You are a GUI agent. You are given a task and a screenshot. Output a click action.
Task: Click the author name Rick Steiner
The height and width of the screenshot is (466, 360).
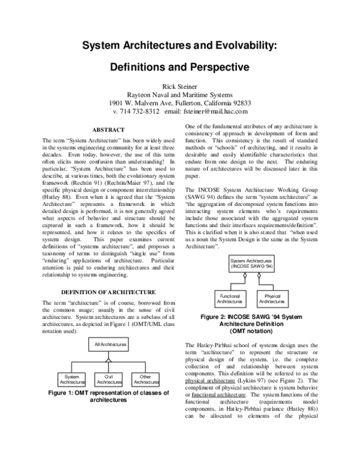click(x=180, y=87)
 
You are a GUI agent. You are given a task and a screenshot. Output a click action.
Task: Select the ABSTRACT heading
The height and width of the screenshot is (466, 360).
click(x=108, y=130)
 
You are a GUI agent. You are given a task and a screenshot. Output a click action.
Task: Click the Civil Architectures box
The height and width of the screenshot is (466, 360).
click(x=109, y=379)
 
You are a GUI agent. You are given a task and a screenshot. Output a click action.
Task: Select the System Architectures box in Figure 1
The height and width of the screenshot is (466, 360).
click(x=72, y=379)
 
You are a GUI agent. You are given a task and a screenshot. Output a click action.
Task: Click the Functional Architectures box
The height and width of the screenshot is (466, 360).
click(x=230, y=298)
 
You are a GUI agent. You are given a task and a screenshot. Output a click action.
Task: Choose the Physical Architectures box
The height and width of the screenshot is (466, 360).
click(x=272, y=298)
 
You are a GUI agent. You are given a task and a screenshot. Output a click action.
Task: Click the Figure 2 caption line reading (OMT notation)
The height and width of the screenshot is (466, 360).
click(x=251, y=331)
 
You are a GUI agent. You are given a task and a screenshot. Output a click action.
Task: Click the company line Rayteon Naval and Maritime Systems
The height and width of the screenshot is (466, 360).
click(x=180, y=95)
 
